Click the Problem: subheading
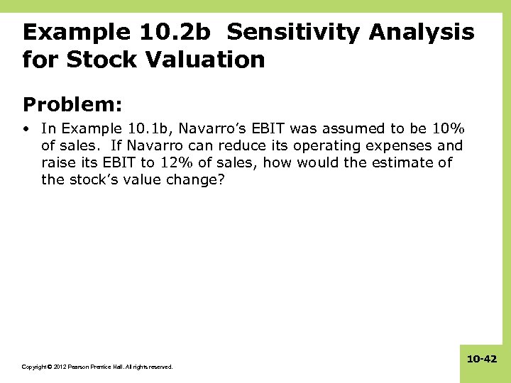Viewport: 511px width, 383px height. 72,104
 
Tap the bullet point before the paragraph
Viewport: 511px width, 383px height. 26,129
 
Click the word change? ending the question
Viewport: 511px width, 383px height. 204,179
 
